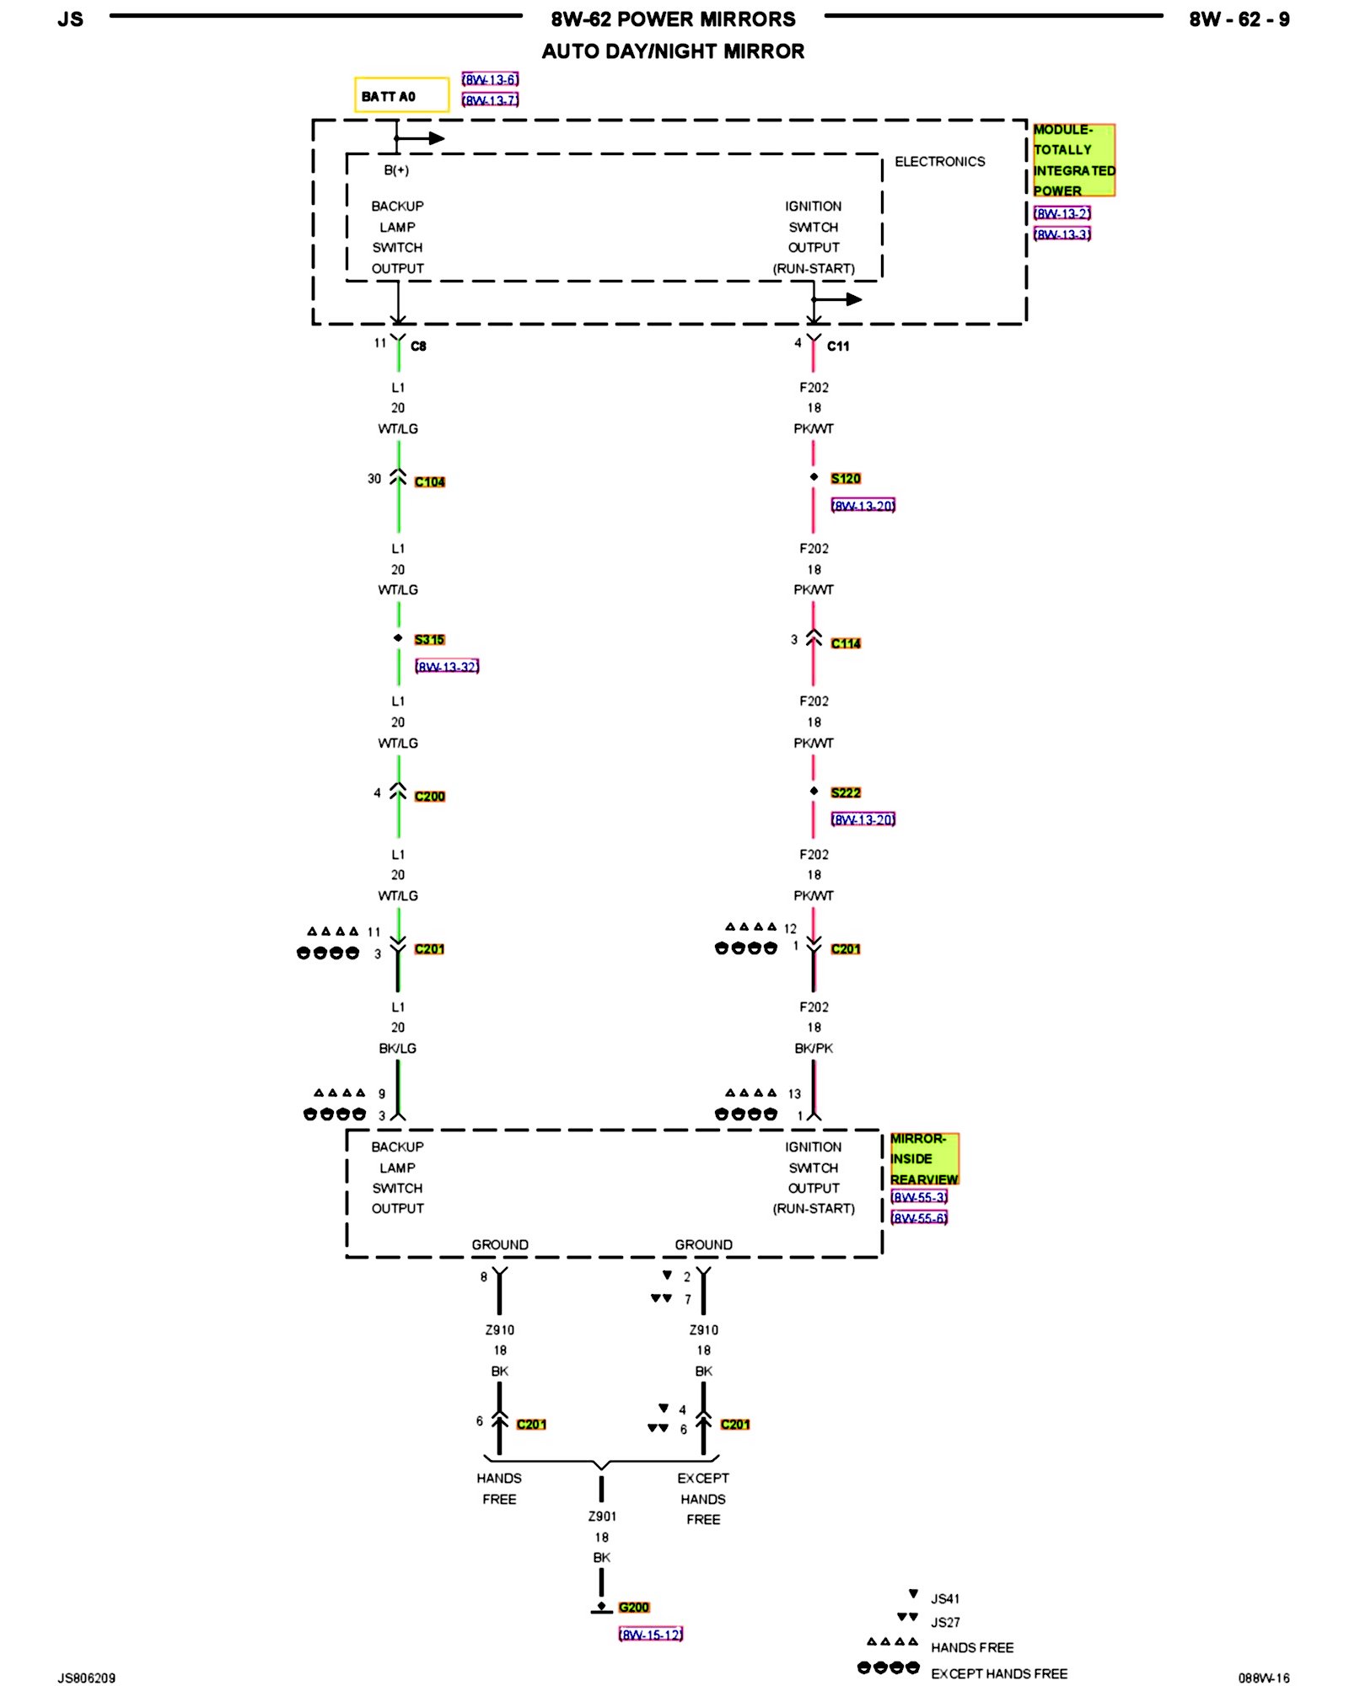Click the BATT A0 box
(x=400, y=95)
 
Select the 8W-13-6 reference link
(x=490, y=79)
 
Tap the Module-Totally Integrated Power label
(x=1073, y=160)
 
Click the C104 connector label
(x=429, y=482)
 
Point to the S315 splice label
(x=429, y=640)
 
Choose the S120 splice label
(x=846, y=479)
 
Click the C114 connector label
(x=846, y=643)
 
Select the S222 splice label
(x=846, y=792)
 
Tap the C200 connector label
(x=429, y=797)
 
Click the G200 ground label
(x=634, y=1608)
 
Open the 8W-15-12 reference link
(x=650, y=1635)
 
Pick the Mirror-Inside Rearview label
(x=924, y=1158)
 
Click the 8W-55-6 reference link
(x=919, y=1217)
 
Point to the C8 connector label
(x=418, y=346)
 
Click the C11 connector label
(x=838, y=346)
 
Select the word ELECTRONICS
(x=939, y=162)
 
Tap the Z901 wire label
(x=602, y=1517)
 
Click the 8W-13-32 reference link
(x=447, y=667)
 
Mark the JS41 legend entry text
(x=945, y=1598)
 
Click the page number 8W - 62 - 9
(x=1239, y=19)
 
